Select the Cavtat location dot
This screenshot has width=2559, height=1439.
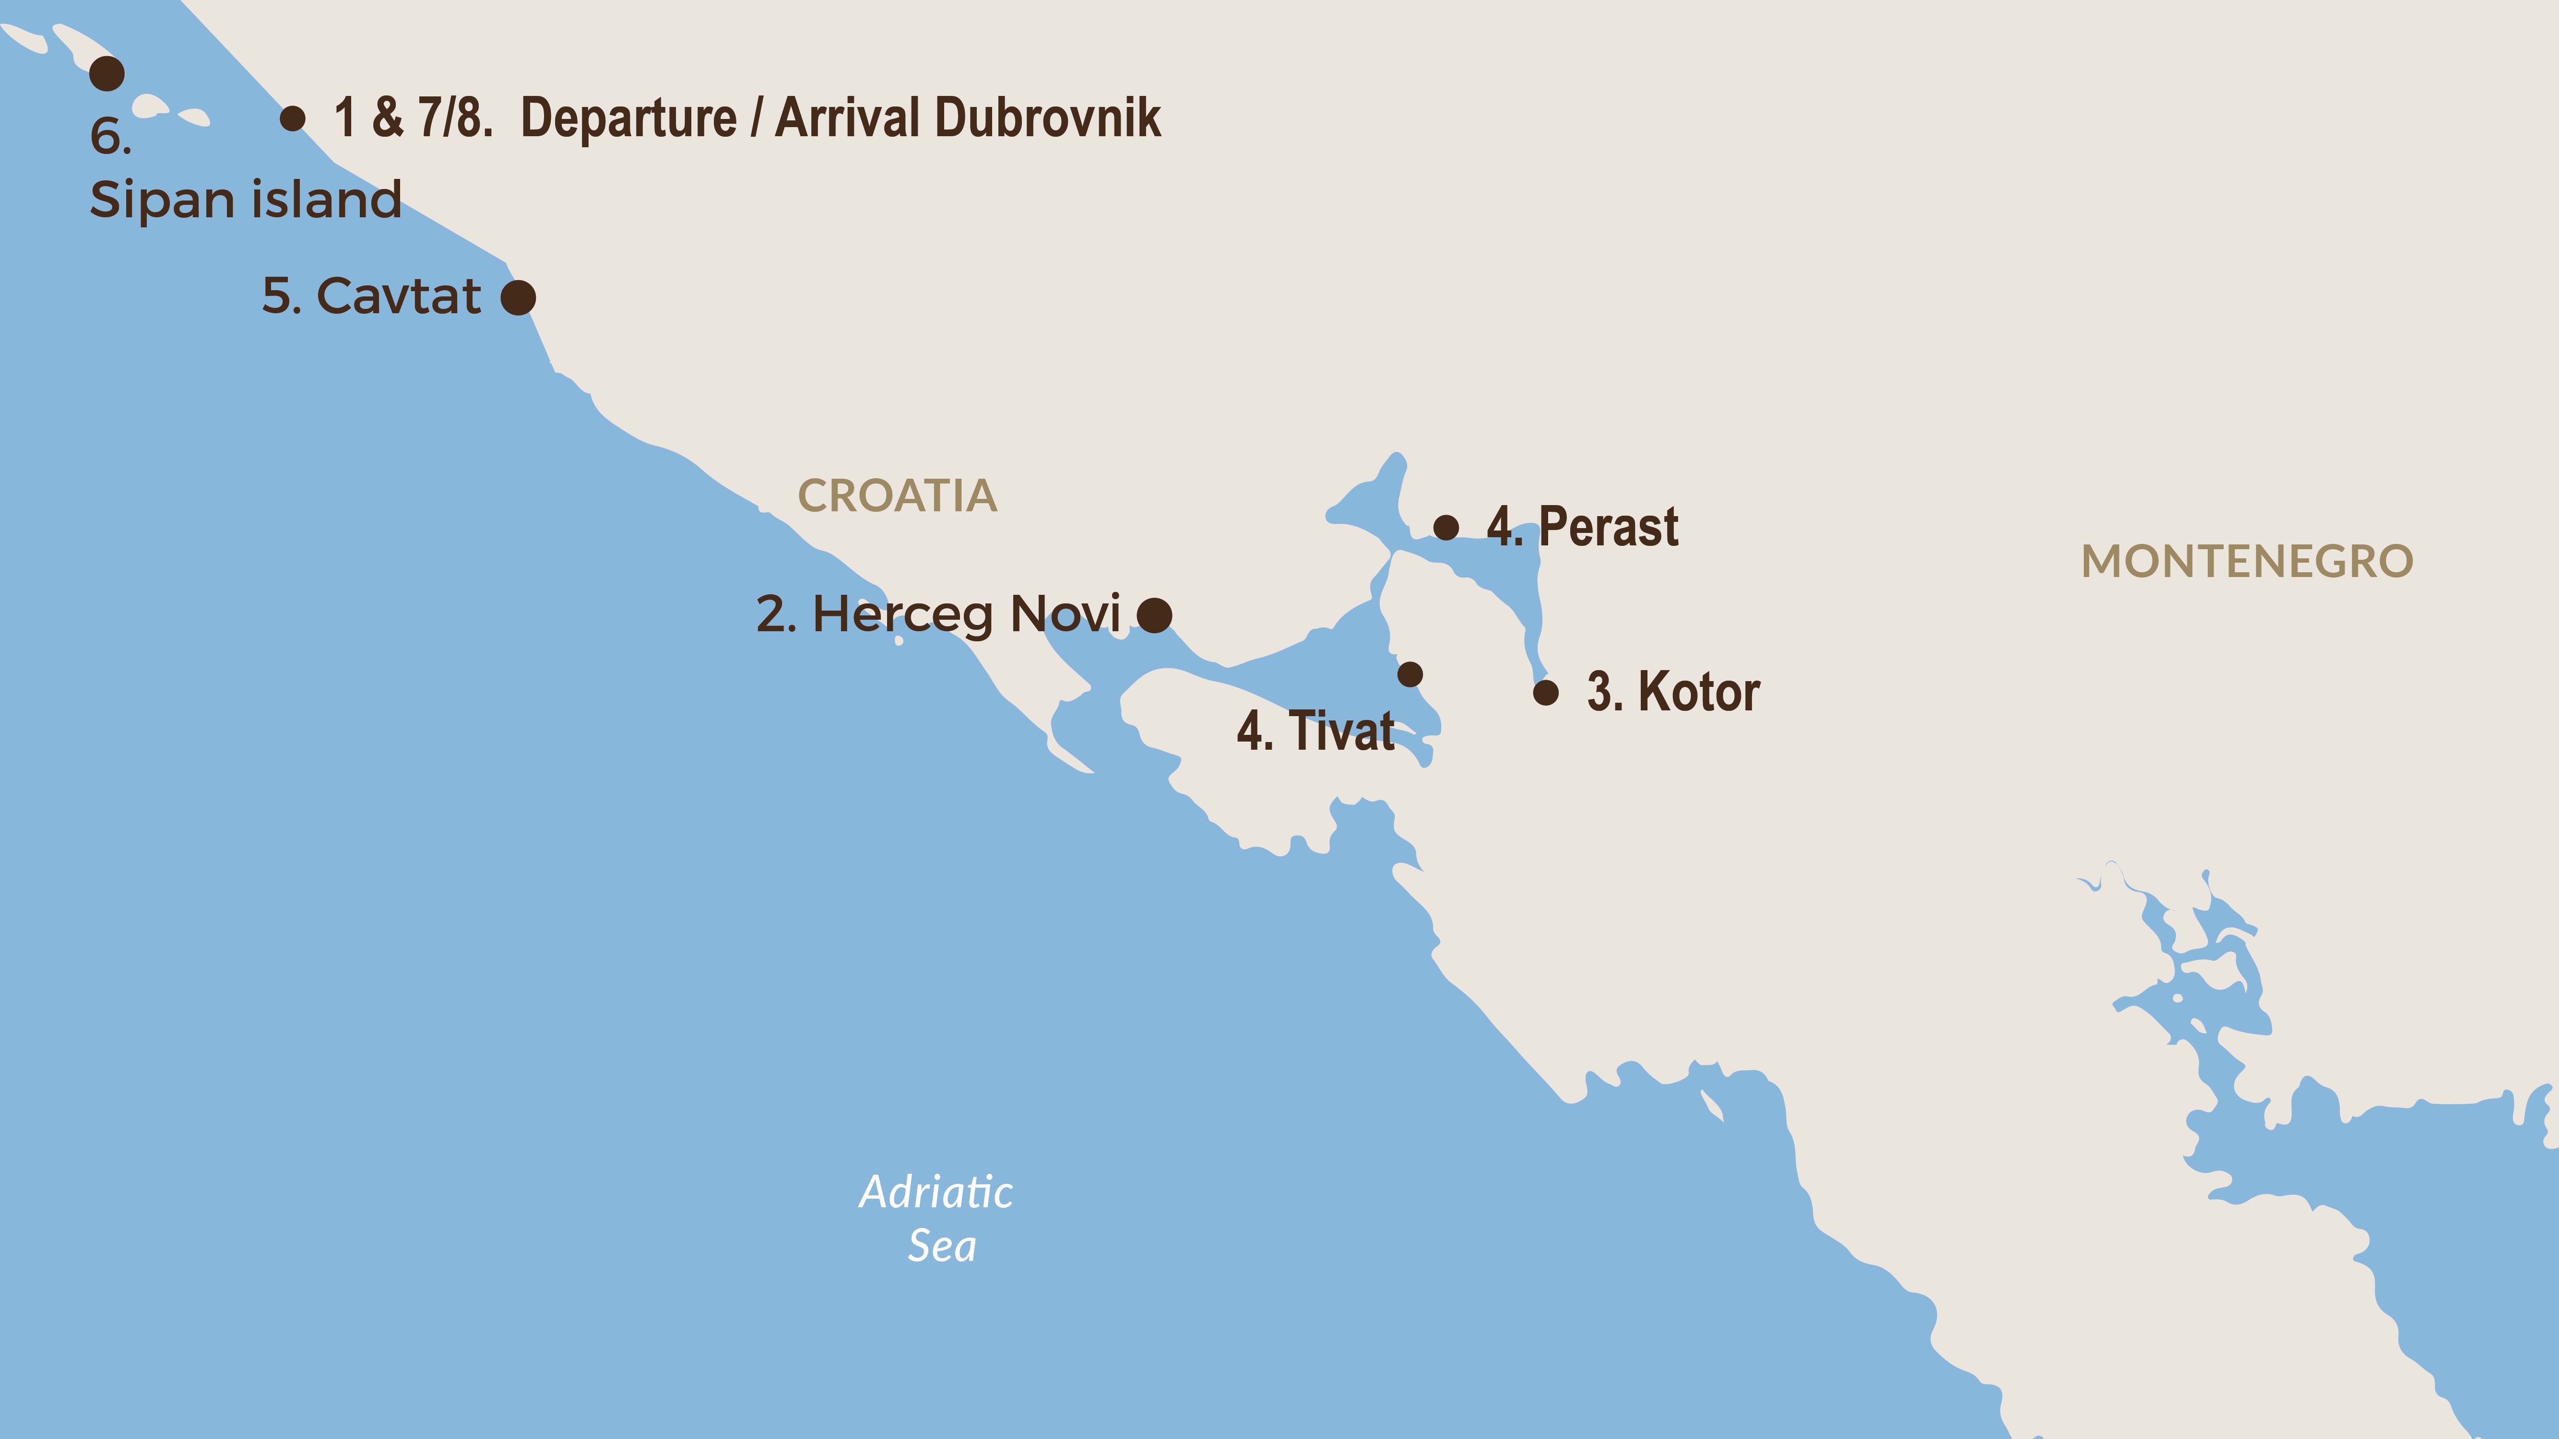(518, 297)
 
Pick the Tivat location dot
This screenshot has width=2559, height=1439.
(1410, 674)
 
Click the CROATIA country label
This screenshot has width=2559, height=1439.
(897, 495)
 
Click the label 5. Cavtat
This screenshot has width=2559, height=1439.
(370, 296)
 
